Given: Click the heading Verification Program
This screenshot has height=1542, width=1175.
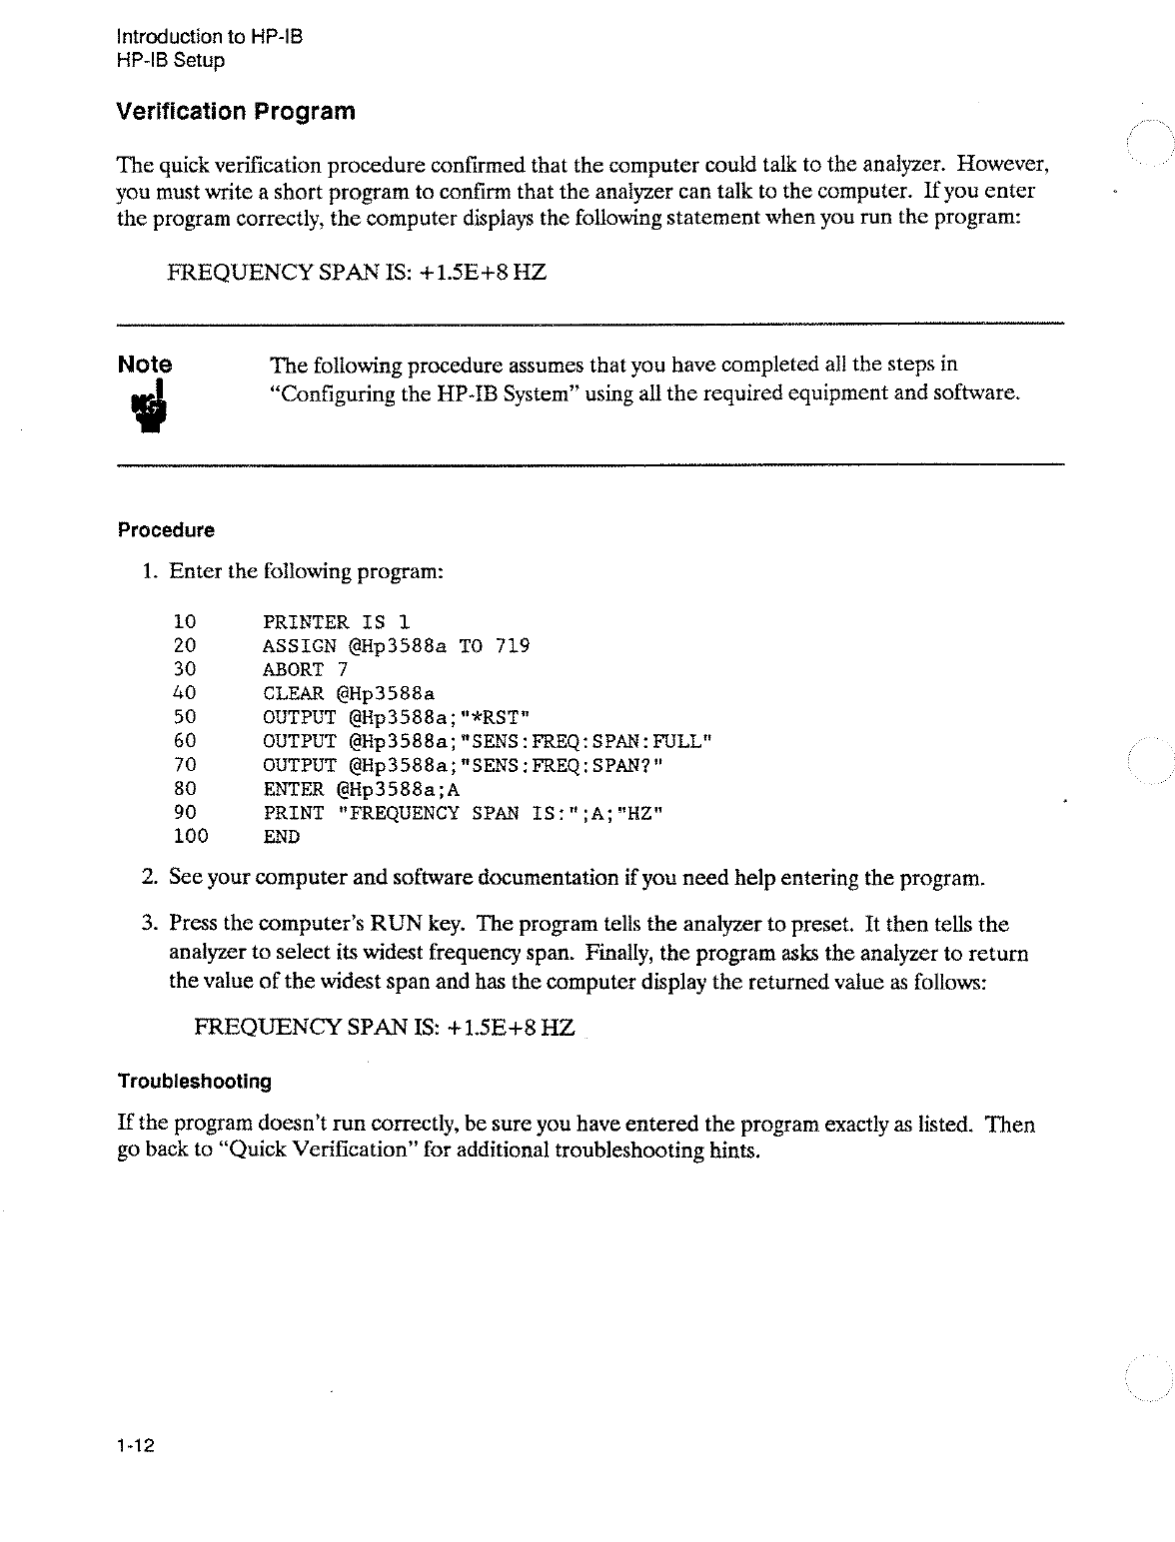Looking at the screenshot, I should [x=236, y=111].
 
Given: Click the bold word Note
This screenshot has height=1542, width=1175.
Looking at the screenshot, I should [x=145, y=365].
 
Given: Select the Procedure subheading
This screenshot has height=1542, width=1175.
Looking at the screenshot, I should [x=166, y=530].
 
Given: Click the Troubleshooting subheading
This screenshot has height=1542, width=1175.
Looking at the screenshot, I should [x=195, y=1082].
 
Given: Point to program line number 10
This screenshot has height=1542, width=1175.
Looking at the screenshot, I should [x=185, y=622].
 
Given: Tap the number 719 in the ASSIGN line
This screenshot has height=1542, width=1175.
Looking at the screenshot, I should [x=513, y=646].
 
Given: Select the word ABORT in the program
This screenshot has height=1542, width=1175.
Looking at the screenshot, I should [x=293, y=670].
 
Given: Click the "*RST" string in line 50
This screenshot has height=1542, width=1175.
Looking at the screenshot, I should [x=492, y=717].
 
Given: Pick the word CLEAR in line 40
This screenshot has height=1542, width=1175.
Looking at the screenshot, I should [x=293, y=694].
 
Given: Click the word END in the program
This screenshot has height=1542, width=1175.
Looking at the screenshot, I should [x=281, y=837].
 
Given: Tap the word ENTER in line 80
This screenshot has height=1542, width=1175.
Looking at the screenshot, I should [x=293, y=789].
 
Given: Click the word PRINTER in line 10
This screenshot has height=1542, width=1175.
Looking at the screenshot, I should [x=305, y=622].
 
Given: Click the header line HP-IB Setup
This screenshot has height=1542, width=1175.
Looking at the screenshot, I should [x=171, y=60].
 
